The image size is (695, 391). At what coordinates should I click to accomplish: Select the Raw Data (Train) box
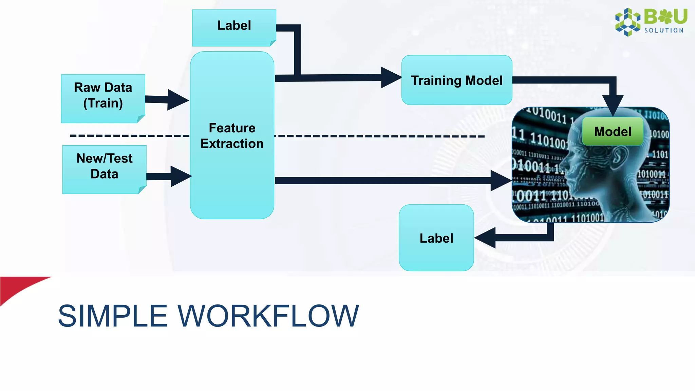103,98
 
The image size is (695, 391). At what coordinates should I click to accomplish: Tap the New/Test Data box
104,169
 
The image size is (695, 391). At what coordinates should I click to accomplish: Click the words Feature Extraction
232,136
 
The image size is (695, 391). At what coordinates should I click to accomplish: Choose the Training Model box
456,80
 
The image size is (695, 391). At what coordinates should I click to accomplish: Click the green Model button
613,131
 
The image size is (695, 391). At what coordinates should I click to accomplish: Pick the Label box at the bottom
436,238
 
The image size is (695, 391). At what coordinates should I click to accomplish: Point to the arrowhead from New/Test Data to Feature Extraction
181,176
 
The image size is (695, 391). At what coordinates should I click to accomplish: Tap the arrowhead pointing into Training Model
391,77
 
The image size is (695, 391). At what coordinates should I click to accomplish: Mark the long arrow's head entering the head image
501,181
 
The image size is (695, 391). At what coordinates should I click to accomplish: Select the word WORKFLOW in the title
268,316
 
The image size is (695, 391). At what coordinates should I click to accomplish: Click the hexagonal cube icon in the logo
628,22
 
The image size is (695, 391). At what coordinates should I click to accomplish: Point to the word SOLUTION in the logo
664,31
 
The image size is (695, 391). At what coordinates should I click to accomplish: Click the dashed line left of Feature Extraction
129,136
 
